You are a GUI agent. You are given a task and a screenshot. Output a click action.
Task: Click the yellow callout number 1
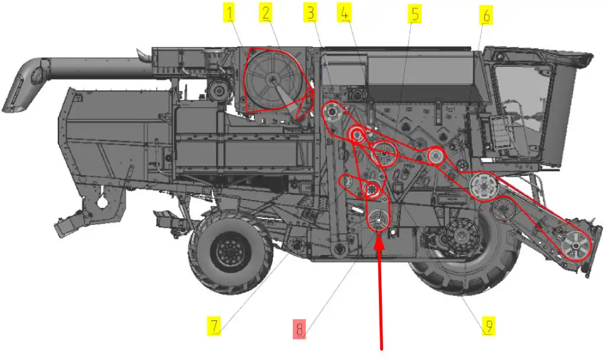point(230,13)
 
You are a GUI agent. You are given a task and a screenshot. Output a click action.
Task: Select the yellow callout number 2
point(266,13)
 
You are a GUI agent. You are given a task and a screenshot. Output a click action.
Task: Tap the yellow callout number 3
point(310,13)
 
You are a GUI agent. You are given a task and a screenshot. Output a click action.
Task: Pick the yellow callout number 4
point(344,13)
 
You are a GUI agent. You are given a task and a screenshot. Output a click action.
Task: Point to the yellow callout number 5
point(415,14)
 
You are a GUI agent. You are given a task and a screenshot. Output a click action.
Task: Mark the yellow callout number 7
point(214,326)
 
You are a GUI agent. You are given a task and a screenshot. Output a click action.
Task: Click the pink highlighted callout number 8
point(299,329)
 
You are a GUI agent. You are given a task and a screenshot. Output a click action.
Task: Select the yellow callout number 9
point(489,326)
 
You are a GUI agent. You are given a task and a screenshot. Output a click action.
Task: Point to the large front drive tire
point(463,248)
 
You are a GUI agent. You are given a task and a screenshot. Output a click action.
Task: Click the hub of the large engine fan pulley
point(273,80)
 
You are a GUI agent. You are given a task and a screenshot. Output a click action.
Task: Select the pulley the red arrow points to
point(378,220)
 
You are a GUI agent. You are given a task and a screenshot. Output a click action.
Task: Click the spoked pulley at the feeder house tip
point(576,246)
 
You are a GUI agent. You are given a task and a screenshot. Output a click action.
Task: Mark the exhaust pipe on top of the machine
point(144,55)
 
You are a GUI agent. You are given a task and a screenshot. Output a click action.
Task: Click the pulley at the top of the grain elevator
point(332,112)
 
